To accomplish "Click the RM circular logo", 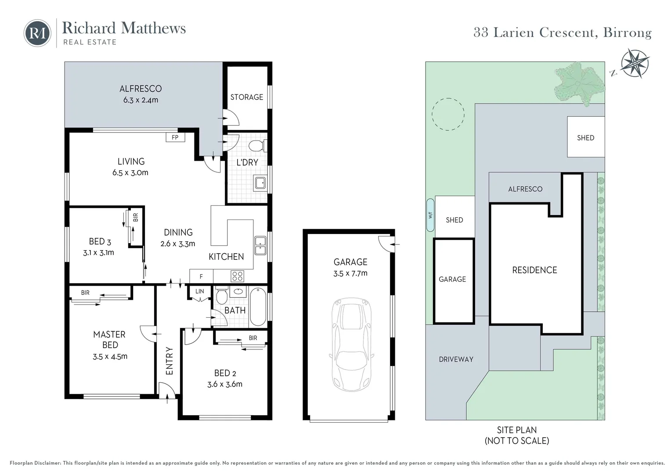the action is pyautogui.click(x=37, y=33).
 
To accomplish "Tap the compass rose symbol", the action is pyautogui.click(x=635, y=64).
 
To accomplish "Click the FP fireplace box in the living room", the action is pyautogui.click(x=175, y=137).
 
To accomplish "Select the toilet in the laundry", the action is pyautogui.click(x=256, y=146).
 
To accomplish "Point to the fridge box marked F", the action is pyautogui.click(x=201, y=276).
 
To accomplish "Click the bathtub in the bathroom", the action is pyautogui.click(x=258, y=307).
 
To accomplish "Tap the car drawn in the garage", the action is pyautogui.click(x=351, y=345).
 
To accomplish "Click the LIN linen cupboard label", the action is pyautogui.click(x=199, y=291).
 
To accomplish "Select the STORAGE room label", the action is pyautogui.click(x=246, y=97).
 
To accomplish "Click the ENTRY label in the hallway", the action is pyautogui.click(x=170, y=361).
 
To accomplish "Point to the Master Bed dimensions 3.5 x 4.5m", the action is pyautogui.click(x=110, y=356).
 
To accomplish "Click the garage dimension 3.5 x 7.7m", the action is pyautogui.click(x=350, y=273).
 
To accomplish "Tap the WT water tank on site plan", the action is pyautogui.click(x=430, y=215).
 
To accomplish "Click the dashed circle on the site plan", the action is pyautogui.click(x=448, y=114).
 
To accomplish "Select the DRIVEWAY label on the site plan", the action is pyautogui.click(x=456, y=359).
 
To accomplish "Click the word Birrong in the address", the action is pyautogui.click(x=627, y=33).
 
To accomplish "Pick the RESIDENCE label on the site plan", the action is pyautogui.click(x=534, y=270).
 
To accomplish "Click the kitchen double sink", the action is pyautogui.click(x=260, y=246).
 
